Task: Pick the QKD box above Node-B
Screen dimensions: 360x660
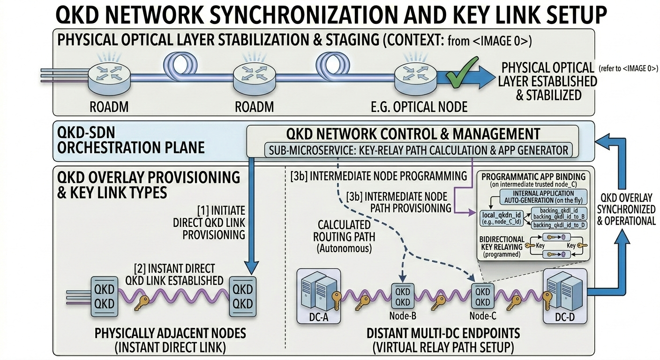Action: pos(403,296)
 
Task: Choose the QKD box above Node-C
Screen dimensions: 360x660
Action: pos(483,296)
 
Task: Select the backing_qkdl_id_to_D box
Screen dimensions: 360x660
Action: pos(560,225)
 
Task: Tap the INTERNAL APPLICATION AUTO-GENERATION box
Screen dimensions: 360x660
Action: pos(537,196)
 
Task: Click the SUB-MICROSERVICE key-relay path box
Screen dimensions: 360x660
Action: pos(417,150)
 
